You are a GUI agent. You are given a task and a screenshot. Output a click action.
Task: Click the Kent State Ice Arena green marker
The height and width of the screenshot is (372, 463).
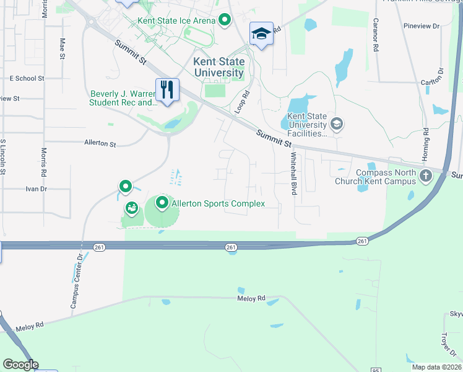click(x=225, y=20)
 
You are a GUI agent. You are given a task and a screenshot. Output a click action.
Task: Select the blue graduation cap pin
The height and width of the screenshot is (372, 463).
click(x=261, y=33)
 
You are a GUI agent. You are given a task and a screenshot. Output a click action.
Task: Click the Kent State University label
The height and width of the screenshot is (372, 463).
click(x=219, y=68)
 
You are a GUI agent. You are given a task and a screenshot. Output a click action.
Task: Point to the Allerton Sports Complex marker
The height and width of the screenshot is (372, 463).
click(x=162, y=203)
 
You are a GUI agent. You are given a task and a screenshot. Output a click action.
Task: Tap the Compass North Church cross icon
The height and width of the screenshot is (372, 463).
click(x=426, y=176)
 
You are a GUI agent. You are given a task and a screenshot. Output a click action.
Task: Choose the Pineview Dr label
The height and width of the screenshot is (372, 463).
click(x=421, y=27)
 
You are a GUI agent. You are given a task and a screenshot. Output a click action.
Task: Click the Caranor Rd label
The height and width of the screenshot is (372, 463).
click(x=375, y=34)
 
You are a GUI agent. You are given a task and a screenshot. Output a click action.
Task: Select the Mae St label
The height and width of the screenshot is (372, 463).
click(x=63, y=48)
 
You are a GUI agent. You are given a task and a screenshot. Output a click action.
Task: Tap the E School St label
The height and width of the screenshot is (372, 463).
click(x=27, y=79)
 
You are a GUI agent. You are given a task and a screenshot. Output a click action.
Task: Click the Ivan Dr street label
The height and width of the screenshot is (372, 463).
click(x=36, y=188)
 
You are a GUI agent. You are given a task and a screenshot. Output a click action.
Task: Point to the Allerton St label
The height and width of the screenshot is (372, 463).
click(x=100, y=143)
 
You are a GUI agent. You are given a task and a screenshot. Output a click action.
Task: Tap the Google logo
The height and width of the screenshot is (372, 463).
click(x=20, y=364)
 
